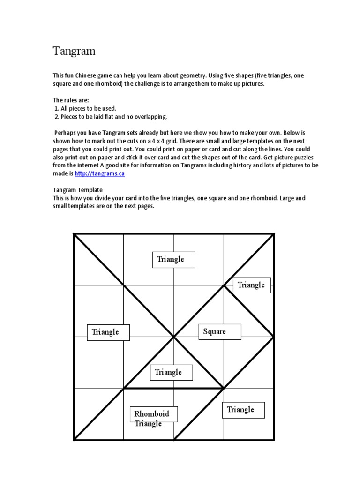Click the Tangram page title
[74, 52]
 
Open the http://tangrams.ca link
[99, 173]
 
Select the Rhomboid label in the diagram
[151, 414]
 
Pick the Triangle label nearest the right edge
[251, 285]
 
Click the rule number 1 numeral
[57, 108]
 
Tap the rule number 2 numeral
[57, 117]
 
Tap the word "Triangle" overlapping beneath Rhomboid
[148, 424]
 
